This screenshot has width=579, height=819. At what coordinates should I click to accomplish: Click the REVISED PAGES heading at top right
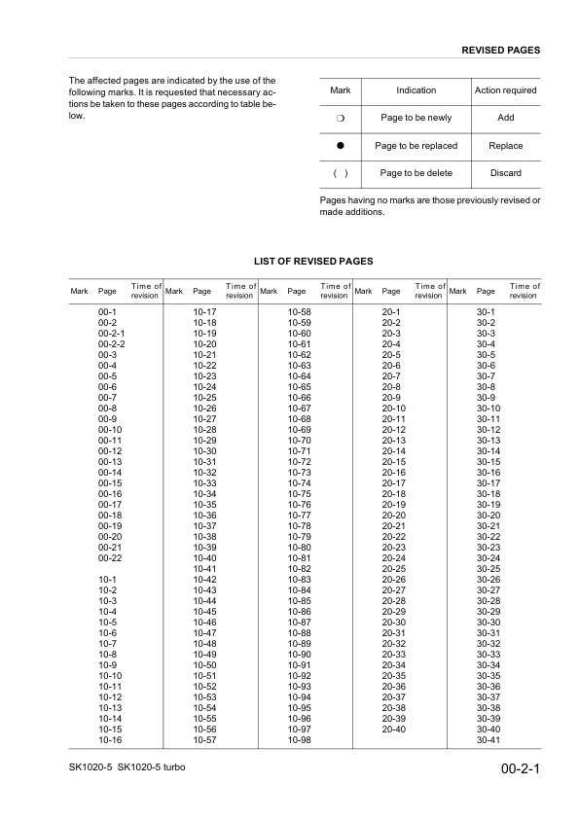500,50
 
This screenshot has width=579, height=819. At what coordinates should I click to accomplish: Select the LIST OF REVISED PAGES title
313,262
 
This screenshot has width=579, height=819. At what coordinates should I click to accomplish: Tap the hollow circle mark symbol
341,118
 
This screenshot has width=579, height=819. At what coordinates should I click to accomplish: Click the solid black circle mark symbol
341,146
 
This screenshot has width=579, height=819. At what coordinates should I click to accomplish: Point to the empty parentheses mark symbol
341,173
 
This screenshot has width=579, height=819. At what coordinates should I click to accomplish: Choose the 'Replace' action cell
505,146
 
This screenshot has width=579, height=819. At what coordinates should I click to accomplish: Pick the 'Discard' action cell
505,173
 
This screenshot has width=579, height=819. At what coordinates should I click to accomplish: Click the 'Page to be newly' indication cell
416,118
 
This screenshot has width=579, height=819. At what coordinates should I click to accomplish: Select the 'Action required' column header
505,90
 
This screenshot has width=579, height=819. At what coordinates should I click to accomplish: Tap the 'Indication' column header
416,90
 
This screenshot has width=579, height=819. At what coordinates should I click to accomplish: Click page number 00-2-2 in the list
112,344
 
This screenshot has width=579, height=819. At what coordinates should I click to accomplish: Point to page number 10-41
204,568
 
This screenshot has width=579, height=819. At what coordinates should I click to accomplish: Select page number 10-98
299,740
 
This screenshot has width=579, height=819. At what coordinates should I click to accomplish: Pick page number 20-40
393,729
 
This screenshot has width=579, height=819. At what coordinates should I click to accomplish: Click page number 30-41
488,740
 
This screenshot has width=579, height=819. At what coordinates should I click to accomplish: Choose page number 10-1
107,580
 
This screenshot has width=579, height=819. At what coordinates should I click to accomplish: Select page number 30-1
486,310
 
